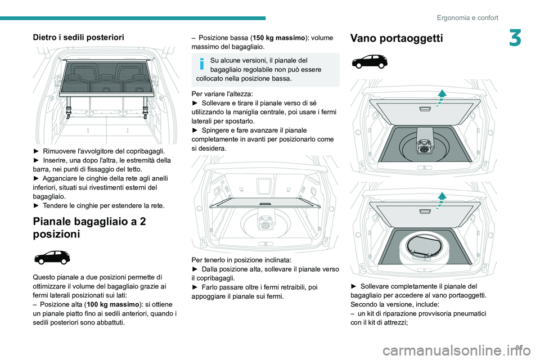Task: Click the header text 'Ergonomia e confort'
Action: pos(467,17)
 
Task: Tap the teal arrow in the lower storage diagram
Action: pos(442,199)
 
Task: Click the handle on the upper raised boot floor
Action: pos(426,109)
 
